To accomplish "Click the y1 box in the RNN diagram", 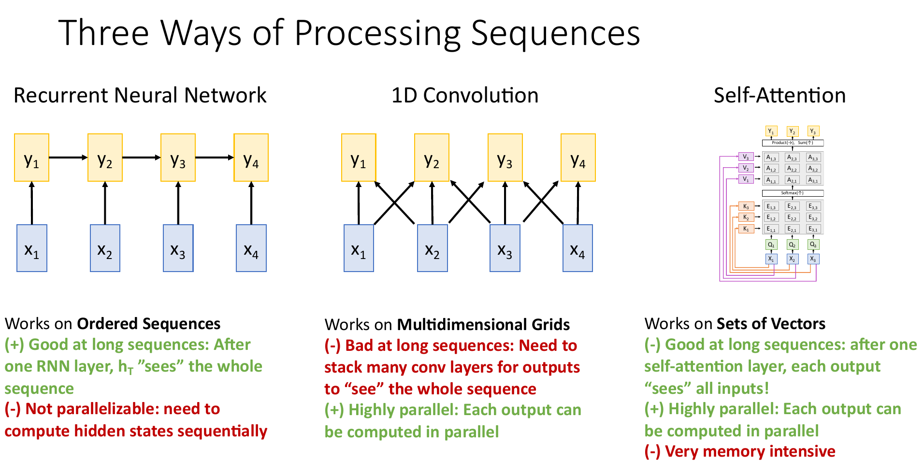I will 31,158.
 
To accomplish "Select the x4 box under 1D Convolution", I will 577,248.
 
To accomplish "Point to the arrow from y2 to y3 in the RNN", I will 141,158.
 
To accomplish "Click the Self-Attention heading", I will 780,95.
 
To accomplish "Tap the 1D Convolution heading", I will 464,95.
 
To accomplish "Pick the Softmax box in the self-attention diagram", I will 793,193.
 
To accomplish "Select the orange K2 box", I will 746,217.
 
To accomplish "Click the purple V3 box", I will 746,157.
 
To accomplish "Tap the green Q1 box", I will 771,245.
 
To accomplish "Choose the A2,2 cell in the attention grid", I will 792,169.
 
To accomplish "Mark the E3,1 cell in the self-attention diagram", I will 813,229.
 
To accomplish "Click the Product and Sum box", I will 793,143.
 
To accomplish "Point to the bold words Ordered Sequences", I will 148,323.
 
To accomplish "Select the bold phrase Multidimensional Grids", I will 483,324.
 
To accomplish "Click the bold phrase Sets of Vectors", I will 771,323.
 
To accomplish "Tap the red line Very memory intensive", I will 740,451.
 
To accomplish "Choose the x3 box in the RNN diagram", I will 178,248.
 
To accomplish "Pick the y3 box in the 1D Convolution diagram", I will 505,158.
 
